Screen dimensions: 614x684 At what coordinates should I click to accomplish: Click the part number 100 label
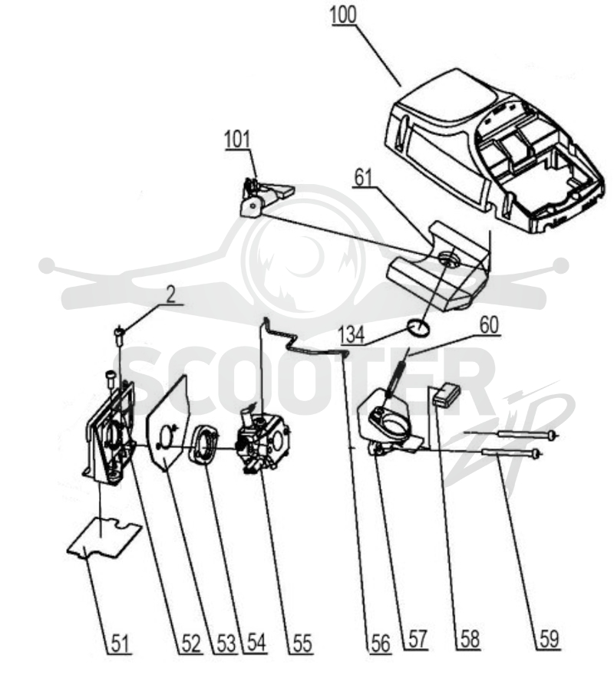click(343, 15)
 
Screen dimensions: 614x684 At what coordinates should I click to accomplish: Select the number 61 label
click(363, 178)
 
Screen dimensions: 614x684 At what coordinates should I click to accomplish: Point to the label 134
click(352, 335)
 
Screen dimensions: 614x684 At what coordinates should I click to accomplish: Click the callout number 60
click(489, 325)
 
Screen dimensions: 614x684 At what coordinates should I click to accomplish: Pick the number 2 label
click(170, 294)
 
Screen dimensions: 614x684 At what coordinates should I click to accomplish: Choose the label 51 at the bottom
click(120, 643)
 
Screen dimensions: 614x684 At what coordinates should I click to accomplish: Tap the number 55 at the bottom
click(302, 643)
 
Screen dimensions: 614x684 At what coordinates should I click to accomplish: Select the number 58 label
click(470, 640)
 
